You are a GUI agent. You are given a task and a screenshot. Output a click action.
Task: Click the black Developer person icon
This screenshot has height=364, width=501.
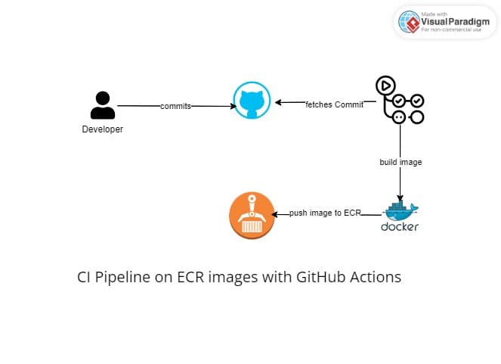[102, 105]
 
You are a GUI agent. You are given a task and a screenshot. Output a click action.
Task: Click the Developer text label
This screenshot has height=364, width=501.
[102, 129]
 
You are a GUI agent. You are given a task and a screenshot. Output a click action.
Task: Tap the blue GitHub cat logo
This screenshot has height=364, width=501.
[252, 102]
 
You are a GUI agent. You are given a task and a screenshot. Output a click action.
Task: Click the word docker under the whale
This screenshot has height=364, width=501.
[400, 226]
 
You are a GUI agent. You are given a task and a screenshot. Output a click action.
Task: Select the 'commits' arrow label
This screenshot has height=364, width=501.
[175, 106]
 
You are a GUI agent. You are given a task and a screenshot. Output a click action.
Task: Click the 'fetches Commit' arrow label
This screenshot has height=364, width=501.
[334, 104]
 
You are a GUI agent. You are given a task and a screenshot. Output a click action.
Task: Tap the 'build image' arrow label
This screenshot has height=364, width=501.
[400, 162]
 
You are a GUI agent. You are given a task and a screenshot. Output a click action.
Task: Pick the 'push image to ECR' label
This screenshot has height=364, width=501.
[326, 213]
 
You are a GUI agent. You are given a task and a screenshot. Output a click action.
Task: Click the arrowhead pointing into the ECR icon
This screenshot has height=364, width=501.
[276, 214]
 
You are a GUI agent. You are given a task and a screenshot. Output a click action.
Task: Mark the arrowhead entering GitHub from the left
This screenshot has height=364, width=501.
[233, 106]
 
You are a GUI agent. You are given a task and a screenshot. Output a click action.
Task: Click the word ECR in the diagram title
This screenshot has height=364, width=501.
[189, 277]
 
